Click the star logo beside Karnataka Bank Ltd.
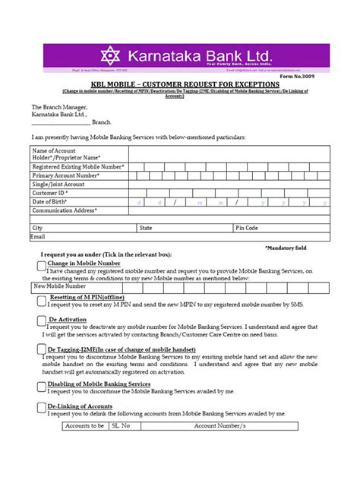[x=112, y=55]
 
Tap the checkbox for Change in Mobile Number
[x=41, y=264]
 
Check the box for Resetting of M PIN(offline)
[x=41, y=300]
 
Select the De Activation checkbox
[x=41, y=322]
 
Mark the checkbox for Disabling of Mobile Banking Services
[x=41, y=386]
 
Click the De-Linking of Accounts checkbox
[x=41, y=408]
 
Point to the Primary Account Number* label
[x=66, y=175]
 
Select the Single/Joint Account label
[x=58, y=185]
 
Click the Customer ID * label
[x=50, y=194]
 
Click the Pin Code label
[x=248, y=228]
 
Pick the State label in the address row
[x=146, y=228]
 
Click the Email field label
[x=38, y=236]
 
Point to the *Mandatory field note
[x=286, y=248]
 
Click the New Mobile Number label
[x=60, y=286]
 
